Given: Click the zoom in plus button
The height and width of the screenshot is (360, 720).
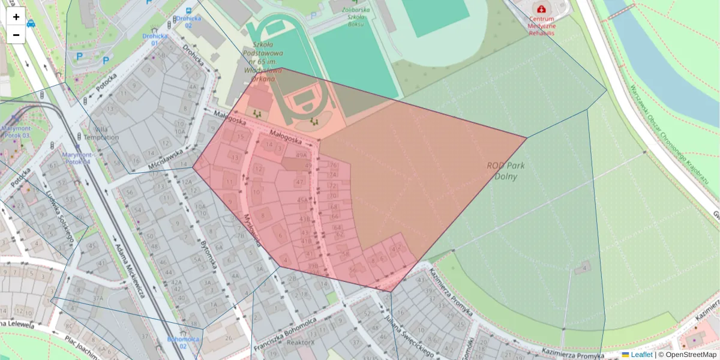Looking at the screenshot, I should (16, 17).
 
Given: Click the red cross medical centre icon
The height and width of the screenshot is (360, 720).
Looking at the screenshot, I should (542, 10).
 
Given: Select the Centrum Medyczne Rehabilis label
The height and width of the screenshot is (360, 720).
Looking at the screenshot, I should (542, 26).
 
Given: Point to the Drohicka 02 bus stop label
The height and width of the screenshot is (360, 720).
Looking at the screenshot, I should (188, 22).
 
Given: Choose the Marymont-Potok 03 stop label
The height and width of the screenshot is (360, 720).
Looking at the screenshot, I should (16, 132).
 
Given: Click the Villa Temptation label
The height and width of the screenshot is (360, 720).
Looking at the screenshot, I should (97, 133).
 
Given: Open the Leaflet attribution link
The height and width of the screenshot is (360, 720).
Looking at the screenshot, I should (641, 355).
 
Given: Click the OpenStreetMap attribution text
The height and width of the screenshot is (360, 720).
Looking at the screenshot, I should (687, 355).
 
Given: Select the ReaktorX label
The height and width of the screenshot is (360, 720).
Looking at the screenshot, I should (301, 343).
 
